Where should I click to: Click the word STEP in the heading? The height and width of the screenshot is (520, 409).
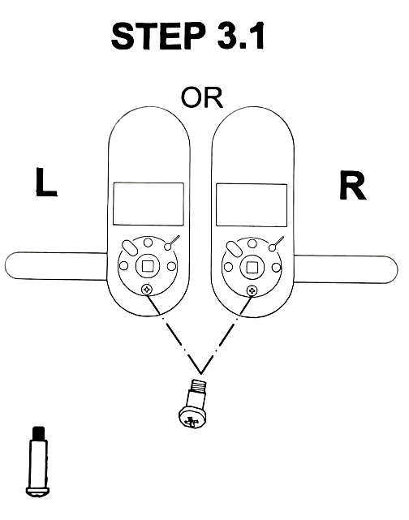pos(158,37)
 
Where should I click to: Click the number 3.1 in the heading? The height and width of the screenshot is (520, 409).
pos(241,37)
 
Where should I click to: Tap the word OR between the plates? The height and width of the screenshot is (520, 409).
pos(202,97)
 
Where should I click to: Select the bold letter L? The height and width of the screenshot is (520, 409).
pos(46,182)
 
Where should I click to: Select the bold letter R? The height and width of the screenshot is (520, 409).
pos(352,185)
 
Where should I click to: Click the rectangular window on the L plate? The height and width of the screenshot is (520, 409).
pos(149,204)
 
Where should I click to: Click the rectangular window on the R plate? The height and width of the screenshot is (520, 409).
pos(252,205)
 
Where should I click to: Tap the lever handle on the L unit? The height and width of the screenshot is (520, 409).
pos(56,265)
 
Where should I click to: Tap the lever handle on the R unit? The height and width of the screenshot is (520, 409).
pos(346,269)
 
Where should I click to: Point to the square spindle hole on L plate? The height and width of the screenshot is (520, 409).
pos(148,266)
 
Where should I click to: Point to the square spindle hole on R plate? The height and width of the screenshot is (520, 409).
pos(252,267)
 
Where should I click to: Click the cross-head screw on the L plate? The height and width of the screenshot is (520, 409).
pos(147,290)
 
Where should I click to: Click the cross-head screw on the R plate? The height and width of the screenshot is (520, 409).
pos(252,291)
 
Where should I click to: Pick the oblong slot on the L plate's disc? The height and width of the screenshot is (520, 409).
pos(129,247)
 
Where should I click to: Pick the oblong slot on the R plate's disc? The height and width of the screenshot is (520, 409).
pos(234,249)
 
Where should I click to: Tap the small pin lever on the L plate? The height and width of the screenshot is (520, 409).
pos(172,243)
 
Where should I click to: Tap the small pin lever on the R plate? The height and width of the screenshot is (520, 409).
pos(277,243)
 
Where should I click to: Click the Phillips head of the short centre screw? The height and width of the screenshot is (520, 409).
pos(192,419)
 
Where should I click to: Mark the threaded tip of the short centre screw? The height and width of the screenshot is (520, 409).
pos(198,385)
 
